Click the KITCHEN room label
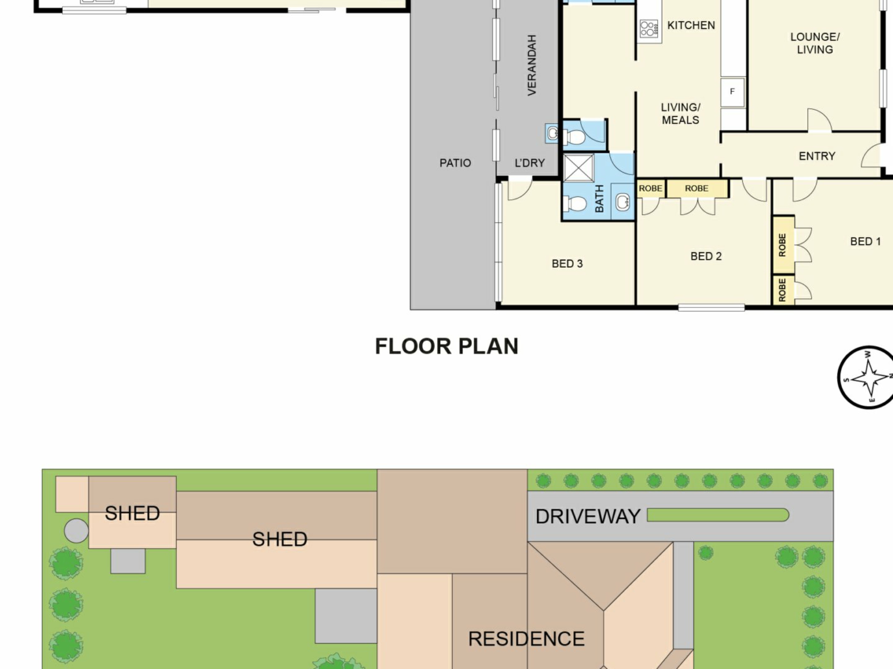(691, 25)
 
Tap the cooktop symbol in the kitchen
(649, 28)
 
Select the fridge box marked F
(732, 92)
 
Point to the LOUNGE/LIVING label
(815, 43)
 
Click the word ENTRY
(817, 156)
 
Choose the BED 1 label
(865, 242)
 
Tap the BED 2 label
(706, 256)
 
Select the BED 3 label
(567, 264)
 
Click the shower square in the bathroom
(579, 168)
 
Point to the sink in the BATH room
(623, 202)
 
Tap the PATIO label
(455, 163)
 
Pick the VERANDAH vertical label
(532, 65)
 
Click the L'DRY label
(529, 163)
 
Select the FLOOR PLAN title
(446, 347)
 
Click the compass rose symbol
(867, 377)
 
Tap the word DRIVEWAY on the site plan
(588, 517)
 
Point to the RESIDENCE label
(526, 639)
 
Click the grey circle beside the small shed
(76, 531)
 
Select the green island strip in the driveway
(718, 515)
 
